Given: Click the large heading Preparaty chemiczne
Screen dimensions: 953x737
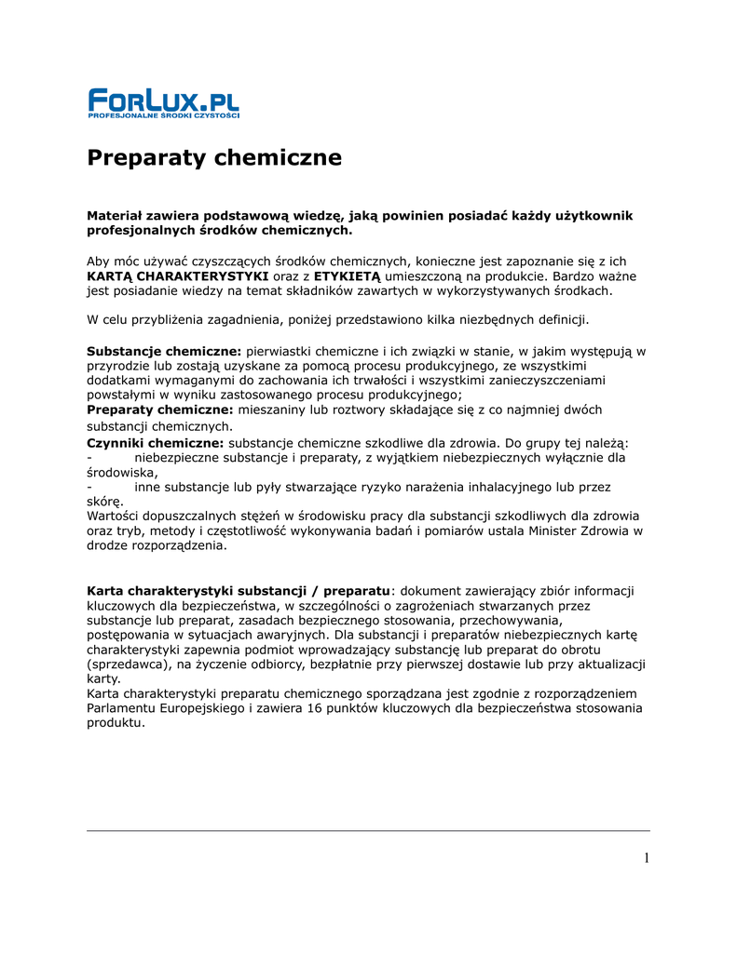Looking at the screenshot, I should pyautogui.click(x=214, y=158).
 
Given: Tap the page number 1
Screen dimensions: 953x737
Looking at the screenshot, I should pyautogui.click(x=646, y=857).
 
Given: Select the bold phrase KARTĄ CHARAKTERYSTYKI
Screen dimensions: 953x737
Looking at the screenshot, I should pyautogui.click(x=178, y=276).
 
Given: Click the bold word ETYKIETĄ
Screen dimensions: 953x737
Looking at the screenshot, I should pyautogui.click(x=347, y=276).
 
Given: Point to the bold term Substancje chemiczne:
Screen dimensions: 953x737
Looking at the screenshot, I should pyautogui.click(x=164, y=351).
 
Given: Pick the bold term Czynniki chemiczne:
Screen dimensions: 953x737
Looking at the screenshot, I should pyautogui.click(x=156, y=442).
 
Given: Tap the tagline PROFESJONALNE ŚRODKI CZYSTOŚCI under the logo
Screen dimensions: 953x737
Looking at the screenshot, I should pyautogui.click(x=164, y=115).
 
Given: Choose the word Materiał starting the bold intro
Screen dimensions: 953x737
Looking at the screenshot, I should pyautogui.click(x=120, y=216).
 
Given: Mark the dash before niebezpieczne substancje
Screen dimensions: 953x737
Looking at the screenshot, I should pyautogui.click(x=89, y=457).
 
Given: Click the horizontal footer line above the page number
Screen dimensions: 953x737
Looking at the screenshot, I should pyautogui.click(x=368, y=830).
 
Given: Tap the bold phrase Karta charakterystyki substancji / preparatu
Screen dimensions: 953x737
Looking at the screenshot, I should pyautogui.click(x=238, y=590).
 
